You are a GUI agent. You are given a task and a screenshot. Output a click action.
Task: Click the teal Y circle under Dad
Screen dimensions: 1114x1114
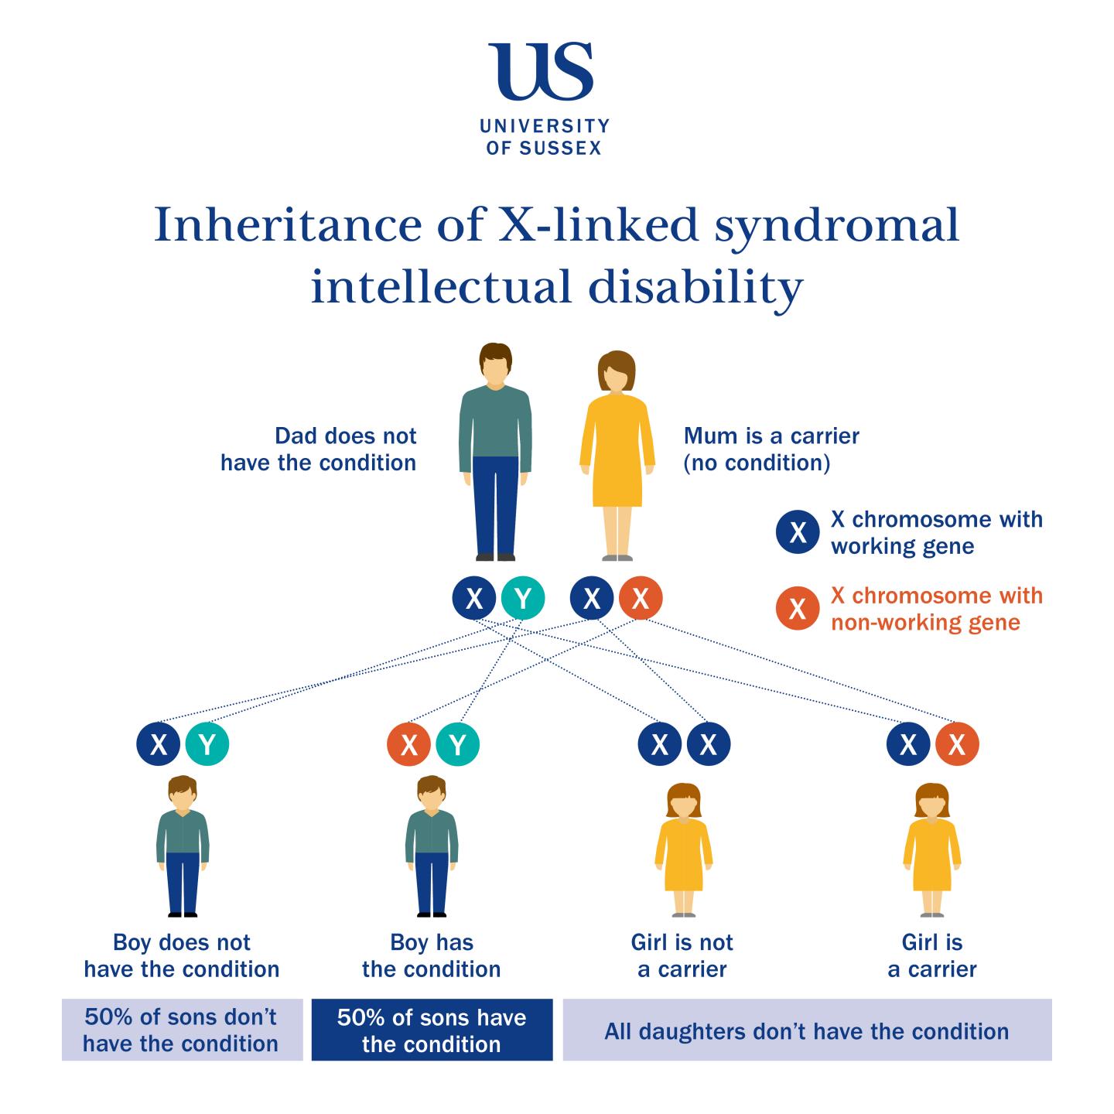[523, 598]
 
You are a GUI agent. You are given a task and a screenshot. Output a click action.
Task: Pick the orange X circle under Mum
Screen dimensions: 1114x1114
[641, 598]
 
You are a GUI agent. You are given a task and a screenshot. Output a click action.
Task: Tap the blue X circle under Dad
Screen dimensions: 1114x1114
[474, 598]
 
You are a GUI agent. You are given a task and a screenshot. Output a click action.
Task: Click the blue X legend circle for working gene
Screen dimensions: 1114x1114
[797, 532]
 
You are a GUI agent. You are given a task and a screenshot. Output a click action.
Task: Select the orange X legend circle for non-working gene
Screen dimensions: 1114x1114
[797, 609]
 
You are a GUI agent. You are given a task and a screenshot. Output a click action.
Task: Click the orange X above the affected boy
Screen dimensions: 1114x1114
[408, 744]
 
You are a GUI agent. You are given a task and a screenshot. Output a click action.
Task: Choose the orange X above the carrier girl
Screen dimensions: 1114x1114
[957, 744]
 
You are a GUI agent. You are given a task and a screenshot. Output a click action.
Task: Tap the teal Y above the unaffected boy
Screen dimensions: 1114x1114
[207, 744]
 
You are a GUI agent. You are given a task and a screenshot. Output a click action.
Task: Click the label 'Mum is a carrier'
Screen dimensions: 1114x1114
[771, 436]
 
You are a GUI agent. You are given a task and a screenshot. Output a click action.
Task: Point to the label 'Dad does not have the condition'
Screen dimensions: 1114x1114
[319, 449]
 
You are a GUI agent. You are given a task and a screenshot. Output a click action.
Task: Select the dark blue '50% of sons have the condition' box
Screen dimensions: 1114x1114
[432, 1030]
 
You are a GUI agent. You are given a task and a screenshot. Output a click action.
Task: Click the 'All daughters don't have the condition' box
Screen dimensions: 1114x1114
[807, 1030]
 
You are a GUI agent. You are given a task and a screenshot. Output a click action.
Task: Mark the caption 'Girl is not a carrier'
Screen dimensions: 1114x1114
[682, 955]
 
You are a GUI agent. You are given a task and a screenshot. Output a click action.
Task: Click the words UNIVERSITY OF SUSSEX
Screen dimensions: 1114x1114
[544, 137]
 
